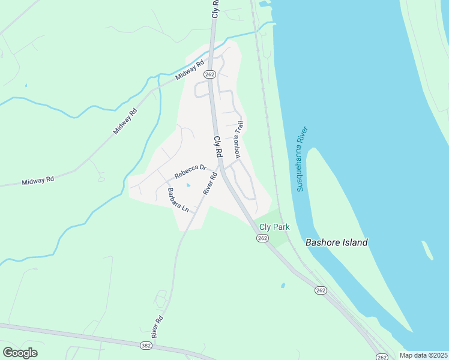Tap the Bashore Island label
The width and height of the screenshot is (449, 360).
click(x=336, y=243)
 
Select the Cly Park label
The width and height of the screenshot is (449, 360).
click(x=274, y=227)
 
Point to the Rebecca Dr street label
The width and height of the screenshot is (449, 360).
click(x=190, y=172)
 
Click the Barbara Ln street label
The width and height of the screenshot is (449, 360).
click(x=178, y=200)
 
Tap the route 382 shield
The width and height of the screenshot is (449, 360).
click(x=146, y=346)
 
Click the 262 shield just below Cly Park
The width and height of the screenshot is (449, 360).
click(x=262, y=238)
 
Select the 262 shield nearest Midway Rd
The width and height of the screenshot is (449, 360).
click(x=209, y=74)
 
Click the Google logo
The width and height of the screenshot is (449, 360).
click(x=20, y=352)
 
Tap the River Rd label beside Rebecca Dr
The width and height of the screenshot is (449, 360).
click(x=209, y=183)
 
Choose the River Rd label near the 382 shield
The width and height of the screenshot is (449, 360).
click(x=157, y=327)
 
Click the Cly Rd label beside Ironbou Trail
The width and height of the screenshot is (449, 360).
click(x=218, y=148)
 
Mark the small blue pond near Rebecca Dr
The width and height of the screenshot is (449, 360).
click(x=188, y=185)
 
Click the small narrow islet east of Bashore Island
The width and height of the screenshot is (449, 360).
click(x=427, y=250)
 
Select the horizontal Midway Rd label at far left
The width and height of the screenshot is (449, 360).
click(x=38, y=180)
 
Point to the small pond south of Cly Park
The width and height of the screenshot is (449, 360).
click(x=282, y=285)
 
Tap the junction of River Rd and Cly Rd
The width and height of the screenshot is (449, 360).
click(x=221, y=167)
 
